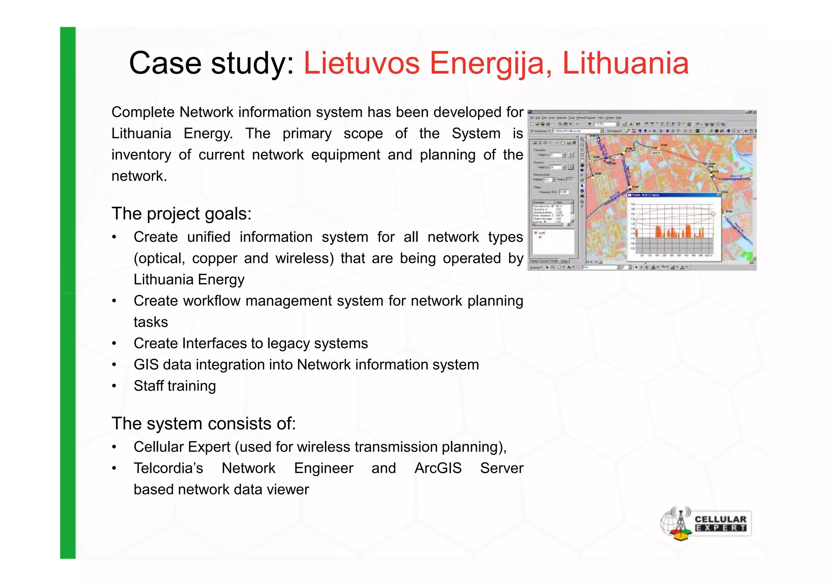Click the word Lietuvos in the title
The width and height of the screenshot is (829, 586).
coord(361,64)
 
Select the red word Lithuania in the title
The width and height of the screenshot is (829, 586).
coord(625,64)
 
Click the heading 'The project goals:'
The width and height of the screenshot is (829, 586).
coord(181,214)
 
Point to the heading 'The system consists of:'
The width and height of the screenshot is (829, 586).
coord(204,424)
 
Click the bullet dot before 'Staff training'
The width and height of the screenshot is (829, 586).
coord(115,386)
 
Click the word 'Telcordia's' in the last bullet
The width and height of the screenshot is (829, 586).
coord(168,468)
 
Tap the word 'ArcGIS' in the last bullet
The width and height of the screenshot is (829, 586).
coord(438,468)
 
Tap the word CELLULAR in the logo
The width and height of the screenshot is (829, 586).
coord(721,519)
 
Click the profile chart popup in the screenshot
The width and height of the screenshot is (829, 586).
coord(674,227)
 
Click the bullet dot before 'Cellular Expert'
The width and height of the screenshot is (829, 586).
coord(115,447)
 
